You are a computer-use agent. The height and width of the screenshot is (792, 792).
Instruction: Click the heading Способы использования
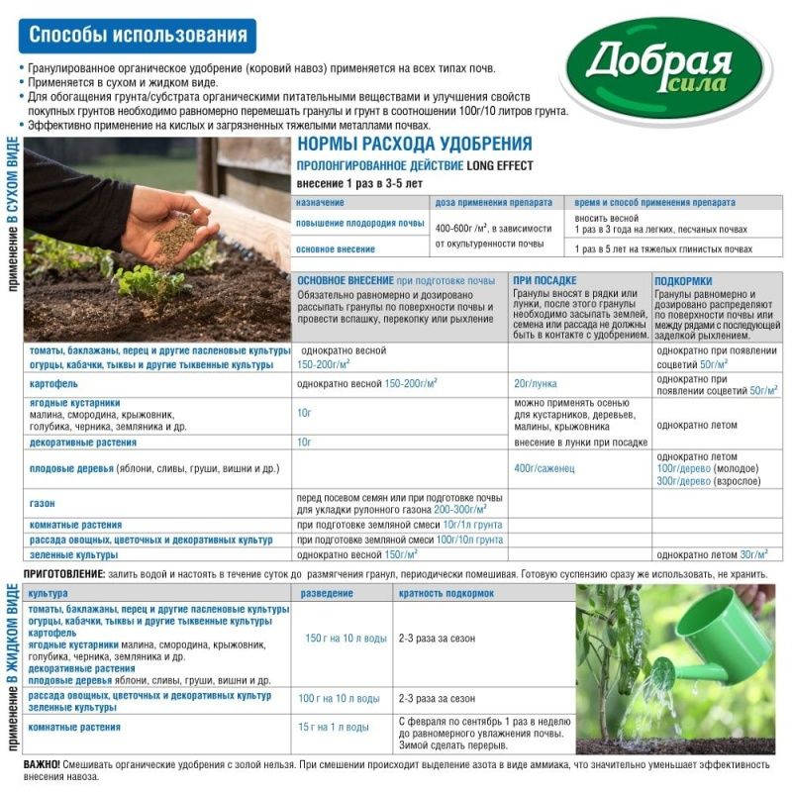click(138, 37)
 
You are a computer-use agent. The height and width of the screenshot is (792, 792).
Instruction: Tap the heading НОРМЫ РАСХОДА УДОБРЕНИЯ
click(415, 145)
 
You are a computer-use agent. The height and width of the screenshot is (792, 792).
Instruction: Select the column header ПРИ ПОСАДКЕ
click(544, 280)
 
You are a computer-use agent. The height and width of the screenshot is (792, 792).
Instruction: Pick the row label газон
click(43, 503)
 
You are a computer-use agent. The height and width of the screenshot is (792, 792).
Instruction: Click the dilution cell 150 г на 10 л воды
click(346, 639)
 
